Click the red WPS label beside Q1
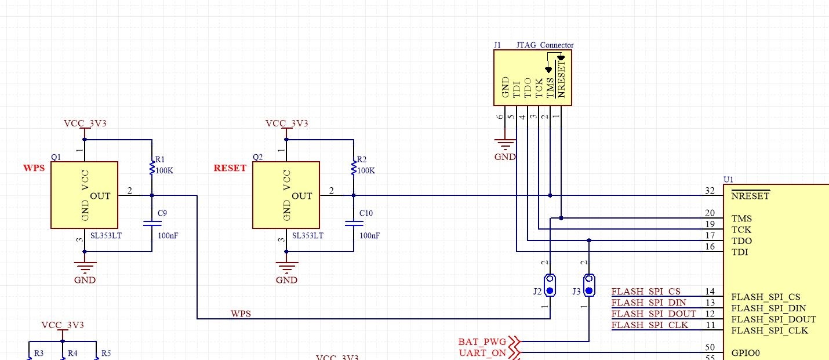point(34,168)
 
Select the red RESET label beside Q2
point(230,168)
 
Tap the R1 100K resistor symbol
point(152,168)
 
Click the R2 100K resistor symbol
point(354,168)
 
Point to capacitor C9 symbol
point(152,223)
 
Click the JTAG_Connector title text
point(544,45)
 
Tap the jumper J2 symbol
point(550,285)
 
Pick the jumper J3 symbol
point(589,285)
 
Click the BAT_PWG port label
point(482,341)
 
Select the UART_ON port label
point(482,352)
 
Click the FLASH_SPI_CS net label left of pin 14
point(646,291)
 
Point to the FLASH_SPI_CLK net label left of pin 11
point(649,325)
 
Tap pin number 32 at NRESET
point(710,190)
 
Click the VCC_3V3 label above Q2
point(286,123)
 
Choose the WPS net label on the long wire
point(241,314)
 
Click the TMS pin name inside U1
point(741,219)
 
